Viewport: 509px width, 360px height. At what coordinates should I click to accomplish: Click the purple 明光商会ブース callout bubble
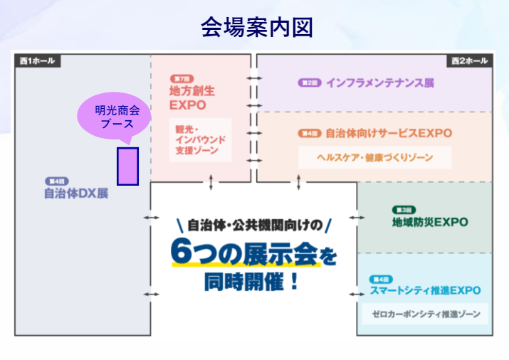coord(118,117)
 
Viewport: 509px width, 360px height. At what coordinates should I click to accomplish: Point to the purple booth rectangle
coord(127,166)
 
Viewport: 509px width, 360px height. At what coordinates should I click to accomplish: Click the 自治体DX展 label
coord(76,193)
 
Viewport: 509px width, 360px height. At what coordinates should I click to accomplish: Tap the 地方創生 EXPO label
coord(192,98)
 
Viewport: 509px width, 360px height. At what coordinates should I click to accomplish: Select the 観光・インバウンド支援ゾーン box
coord(200,141)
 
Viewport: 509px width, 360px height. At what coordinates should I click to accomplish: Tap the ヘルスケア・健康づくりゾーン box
coord(374,157)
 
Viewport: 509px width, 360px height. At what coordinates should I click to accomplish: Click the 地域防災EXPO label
coord(430,222)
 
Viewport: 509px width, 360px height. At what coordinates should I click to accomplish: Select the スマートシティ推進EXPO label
coord(426,290)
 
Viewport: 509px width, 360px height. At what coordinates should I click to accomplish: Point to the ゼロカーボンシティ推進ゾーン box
coord(426,314)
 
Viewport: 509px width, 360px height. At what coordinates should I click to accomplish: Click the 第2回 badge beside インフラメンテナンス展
coord(308,83)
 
